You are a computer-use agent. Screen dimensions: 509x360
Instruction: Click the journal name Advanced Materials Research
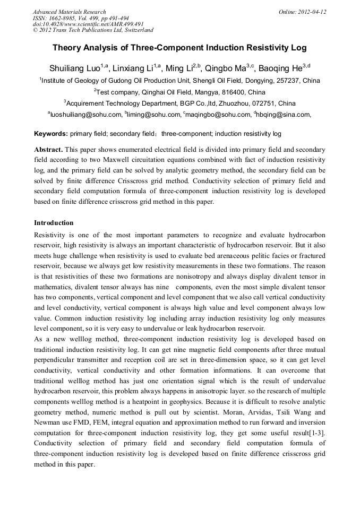coord(69,12)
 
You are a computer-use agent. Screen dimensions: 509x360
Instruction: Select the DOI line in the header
coord(88,24)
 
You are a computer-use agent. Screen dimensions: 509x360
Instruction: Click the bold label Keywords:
coord(51,134)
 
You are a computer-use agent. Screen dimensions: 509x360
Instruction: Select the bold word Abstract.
coord(48,150)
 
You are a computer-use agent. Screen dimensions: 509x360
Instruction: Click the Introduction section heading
coord(54,222)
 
